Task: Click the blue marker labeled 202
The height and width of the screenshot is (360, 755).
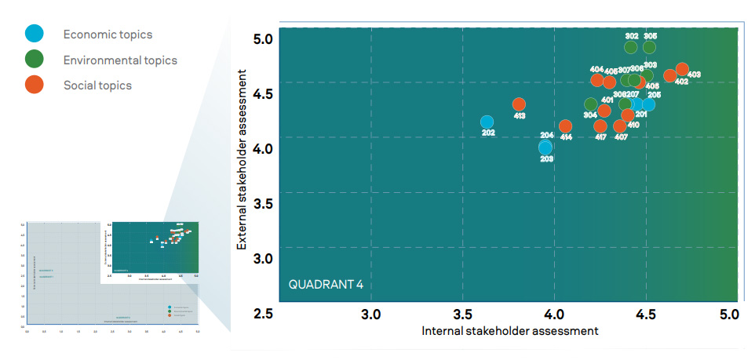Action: pos(487,122)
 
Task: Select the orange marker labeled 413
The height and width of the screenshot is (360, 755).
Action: pos(519,104)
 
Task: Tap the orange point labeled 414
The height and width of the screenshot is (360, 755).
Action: pos(566,126)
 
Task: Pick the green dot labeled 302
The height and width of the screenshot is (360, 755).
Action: pos(631,47)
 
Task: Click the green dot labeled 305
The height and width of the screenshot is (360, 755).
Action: pos(650,47)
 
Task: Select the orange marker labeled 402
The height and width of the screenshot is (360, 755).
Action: pos(669,76)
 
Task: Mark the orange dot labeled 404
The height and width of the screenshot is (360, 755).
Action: pos(597,80)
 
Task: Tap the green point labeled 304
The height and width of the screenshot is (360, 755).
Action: pos(591,104)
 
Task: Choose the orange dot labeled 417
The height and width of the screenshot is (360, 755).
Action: pos(600,126)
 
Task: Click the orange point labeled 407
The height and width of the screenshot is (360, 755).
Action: pos(620,126)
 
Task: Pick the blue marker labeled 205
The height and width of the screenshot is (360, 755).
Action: pos(648,105)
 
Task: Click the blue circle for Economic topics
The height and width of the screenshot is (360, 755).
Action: pos(34,34)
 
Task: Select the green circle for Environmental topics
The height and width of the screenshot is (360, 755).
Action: pos(34,60)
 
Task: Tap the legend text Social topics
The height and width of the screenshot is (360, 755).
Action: pos(97,85)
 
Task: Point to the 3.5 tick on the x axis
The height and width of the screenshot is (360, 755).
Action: pos(463,315)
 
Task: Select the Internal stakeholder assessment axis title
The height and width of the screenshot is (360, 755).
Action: pos(510,331)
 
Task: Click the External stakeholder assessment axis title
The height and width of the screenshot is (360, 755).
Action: pos(244,160)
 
